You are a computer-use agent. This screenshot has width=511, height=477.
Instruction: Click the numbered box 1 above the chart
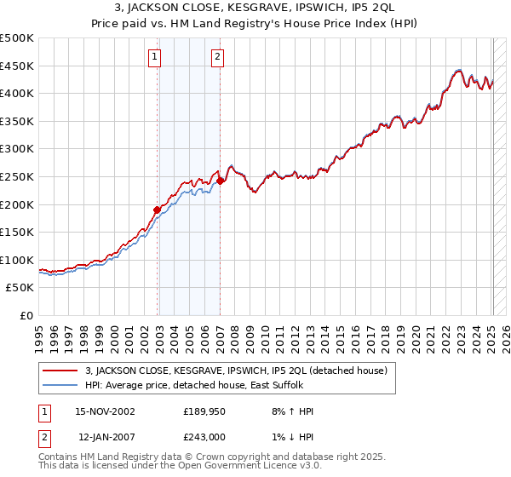[155, 57]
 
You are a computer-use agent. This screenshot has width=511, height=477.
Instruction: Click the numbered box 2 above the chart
[218, 57]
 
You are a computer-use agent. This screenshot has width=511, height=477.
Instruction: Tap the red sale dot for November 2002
[158, 209]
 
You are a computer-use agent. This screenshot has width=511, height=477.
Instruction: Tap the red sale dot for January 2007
[220, 180]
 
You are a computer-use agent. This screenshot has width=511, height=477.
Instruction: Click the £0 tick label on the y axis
[27, 315]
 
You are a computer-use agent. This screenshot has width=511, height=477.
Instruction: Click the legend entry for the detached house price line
[236, 371]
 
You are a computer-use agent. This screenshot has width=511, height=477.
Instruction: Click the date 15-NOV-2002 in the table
[105, 411]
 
